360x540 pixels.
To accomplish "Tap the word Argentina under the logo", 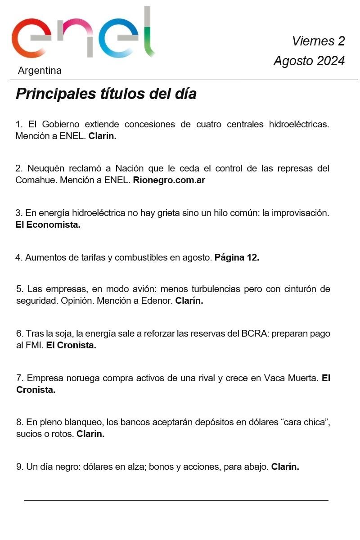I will coord(40,71).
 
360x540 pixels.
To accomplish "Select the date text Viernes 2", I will coord(318,41).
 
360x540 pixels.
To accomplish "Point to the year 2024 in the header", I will coord(331,61).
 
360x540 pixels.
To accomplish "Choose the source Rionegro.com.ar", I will coord(169,180).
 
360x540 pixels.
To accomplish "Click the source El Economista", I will coord(48,225).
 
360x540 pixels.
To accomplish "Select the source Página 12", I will coord(237,257).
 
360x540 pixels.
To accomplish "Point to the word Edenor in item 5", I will coord(157,301).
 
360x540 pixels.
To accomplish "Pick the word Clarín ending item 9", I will coord(285,467).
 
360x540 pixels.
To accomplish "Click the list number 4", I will coord(18,257).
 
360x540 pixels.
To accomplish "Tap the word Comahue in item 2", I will coord(32,180).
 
